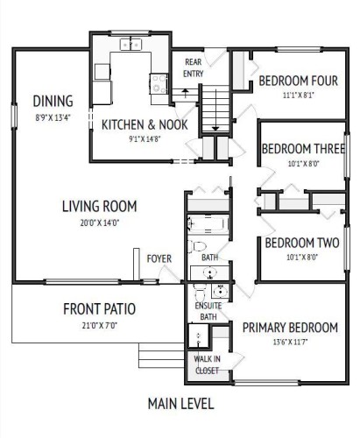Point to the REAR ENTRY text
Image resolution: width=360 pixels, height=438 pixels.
click(193, 68)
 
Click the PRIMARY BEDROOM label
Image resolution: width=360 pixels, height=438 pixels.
click(289, 328)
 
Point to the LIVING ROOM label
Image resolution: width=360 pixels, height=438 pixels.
click(99, 207)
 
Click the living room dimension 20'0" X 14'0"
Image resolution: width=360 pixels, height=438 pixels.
click(99, 222)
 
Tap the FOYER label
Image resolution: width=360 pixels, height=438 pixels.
click(159, 258)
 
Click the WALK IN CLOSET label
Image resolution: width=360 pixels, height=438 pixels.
click(208, 364)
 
